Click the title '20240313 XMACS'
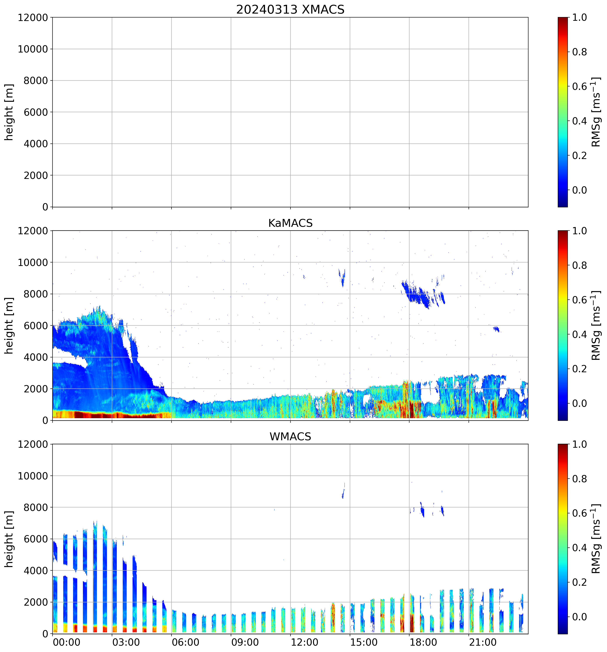point(290,9)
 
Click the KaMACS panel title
point(290,223)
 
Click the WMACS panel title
point(290,437)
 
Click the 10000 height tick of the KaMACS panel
point(33,262)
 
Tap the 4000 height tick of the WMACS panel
point(36,571)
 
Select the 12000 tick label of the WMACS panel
point(33,444)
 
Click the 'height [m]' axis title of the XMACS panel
point(9,112)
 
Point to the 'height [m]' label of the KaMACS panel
point(9,326)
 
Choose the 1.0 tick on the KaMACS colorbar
point(579,231)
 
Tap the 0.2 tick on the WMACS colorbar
point(579,582)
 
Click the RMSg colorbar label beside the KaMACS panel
point(596,326)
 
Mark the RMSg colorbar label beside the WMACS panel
point(596,539)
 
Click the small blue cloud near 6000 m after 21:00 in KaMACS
point(497,329)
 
